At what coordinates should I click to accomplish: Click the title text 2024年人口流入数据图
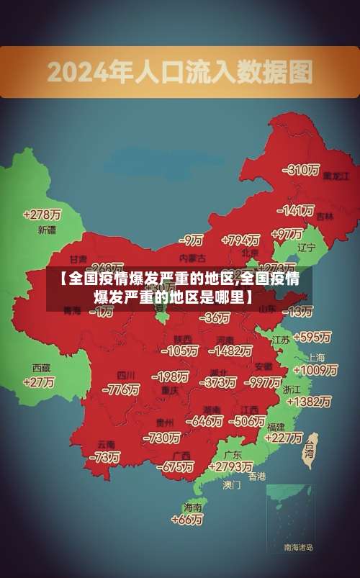(180, 71)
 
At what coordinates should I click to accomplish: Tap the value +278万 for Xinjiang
(42, 215)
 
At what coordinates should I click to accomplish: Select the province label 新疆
(46, 230)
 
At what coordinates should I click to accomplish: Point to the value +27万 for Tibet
(39, 382)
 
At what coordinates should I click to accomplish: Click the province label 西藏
(41, 367)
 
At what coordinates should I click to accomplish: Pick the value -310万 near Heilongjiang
(300, 170)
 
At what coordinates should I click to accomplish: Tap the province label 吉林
(325, 216)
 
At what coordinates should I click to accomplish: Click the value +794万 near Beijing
(240, 240)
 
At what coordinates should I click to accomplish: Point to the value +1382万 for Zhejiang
(309, 402)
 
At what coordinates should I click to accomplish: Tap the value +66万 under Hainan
(186, 519)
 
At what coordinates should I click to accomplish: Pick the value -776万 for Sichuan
(121, 389)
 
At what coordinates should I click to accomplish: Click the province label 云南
(107, 443)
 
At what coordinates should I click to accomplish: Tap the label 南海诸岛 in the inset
(298, 548)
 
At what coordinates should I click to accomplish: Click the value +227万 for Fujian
(283, 437)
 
